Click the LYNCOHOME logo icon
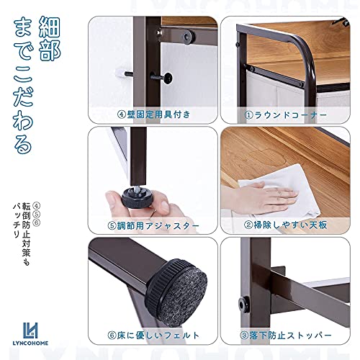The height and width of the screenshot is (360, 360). (x=30, y=330)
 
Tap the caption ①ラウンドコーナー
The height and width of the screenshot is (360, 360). (x=285, y=115)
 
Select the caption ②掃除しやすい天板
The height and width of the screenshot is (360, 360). (x=285, y=225)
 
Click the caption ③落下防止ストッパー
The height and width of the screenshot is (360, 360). (x=286, y=335)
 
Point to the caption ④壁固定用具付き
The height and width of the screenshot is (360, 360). (x=154, y=114)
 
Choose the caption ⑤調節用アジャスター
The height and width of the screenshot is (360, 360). (x=153, y=225)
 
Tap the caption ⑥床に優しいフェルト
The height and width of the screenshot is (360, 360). (x=153, y=336)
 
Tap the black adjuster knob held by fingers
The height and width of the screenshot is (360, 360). (x=136, y=198)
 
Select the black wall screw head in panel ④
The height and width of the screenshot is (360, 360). (x=167, y=78)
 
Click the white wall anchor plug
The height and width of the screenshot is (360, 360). (x=121, y=73)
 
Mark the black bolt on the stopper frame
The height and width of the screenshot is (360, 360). (x=243, y=305)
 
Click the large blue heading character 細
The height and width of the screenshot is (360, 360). (x=50, y=27)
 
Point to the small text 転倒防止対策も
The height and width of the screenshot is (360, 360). (x=26, y=234)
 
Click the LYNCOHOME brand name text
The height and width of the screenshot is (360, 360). (x=30, y=343)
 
